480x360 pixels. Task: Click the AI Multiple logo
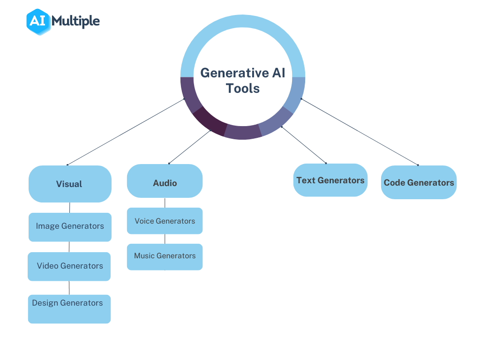[63, 21]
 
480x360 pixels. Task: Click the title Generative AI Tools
[242, 80]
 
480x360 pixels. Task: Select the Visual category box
[70, 184]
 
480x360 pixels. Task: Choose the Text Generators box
[330, 180]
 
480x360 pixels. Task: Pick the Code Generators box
[419, 182]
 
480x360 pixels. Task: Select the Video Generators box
[69, 266]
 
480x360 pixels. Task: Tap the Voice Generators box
[165, 221]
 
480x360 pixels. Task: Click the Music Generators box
[165, 256]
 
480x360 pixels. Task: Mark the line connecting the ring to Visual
[127, 132]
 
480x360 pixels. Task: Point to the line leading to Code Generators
[360, 132]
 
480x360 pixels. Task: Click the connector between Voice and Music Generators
[165, 239]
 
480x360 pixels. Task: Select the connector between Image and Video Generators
[69, 247]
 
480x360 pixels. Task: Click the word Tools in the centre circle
[242, 88]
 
